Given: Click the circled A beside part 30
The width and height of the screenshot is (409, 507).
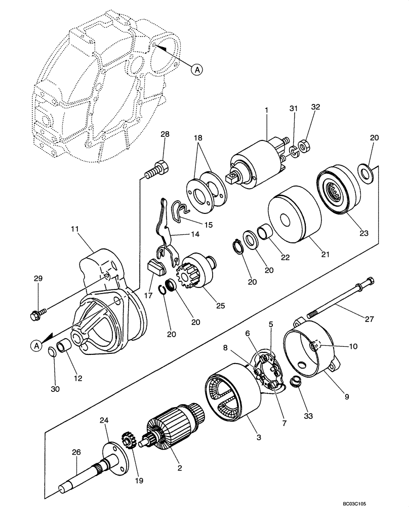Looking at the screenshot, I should pos(36,346).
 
